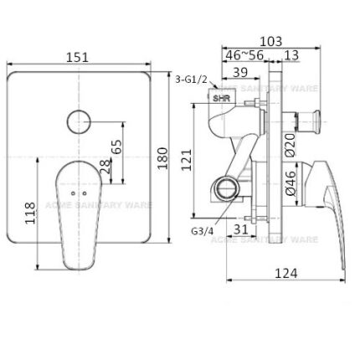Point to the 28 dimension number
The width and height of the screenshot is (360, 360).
coord(105,165)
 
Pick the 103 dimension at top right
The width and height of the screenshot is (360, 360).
coord(269,41)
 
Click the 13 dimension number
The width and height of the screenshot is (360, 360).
coord(291,57)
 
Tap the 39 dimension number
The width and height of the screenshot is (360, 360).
coord(239,74)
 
